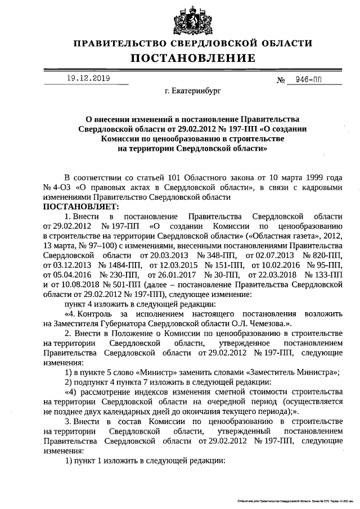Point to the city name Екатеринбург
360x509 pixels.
(193, 90)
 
